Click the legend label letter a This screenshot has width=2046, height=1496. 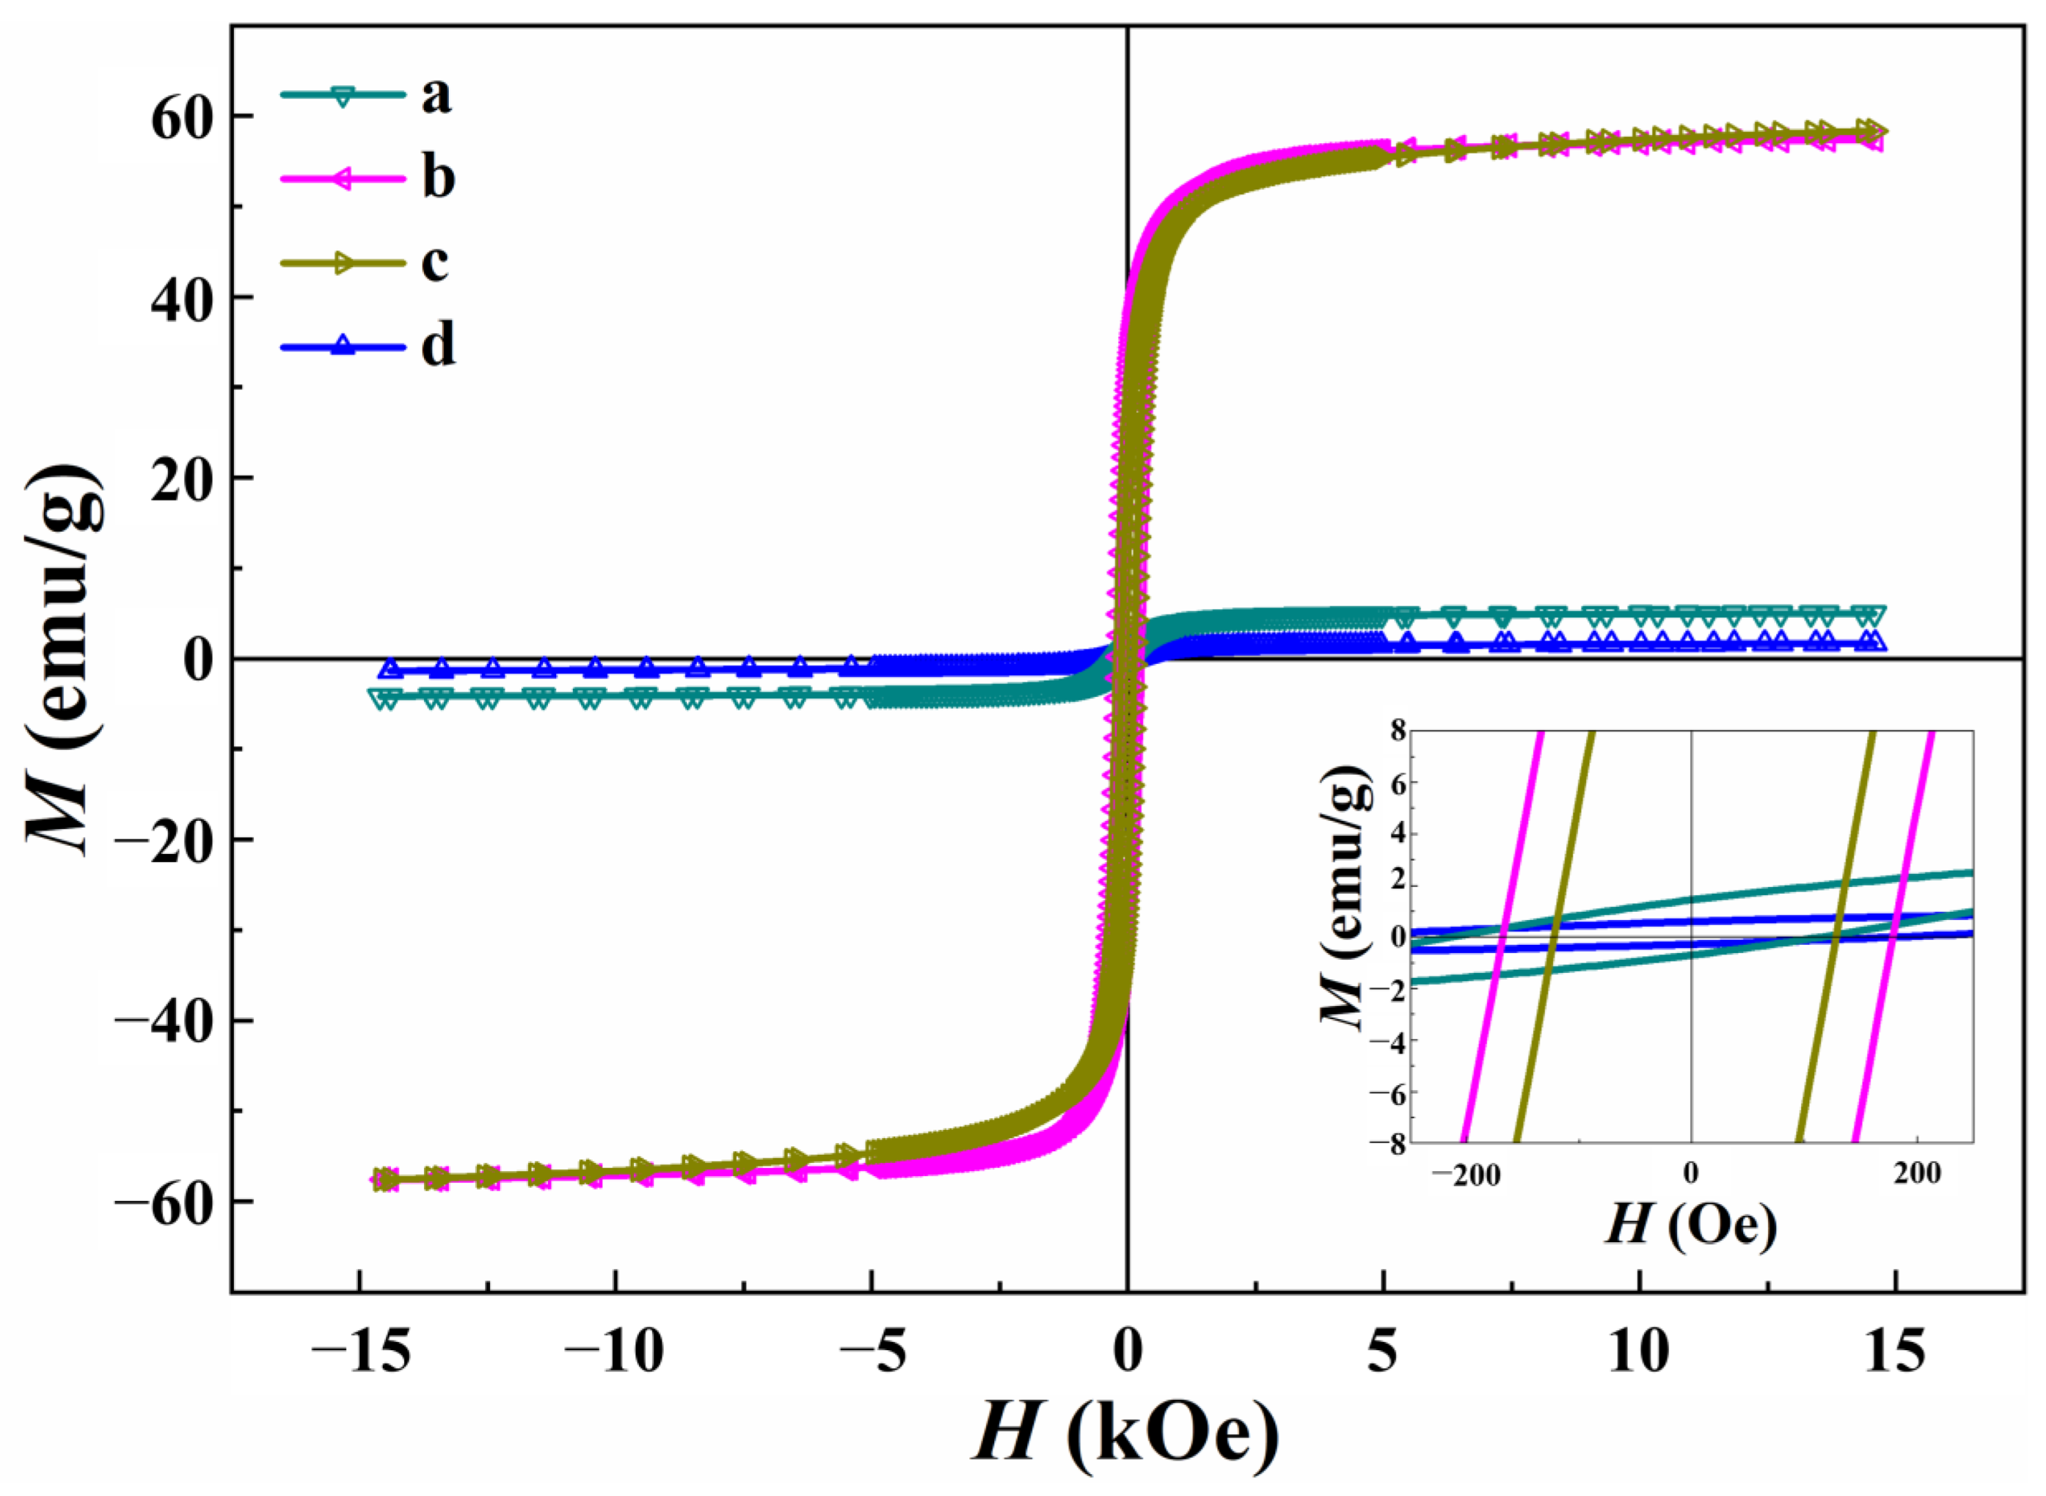[436, 95]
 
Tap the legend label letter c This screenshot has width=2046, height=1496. [435, 263]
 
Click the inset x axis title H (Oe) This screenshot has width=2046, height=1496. [1690, 1227]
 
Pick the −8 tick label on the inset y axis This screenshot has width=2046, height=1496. [1388, 1143]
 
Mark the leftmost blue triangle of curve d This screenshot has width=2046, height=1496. [390, 668]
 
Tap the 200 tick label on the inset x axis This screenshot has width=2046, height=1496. [1917, 1175]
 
